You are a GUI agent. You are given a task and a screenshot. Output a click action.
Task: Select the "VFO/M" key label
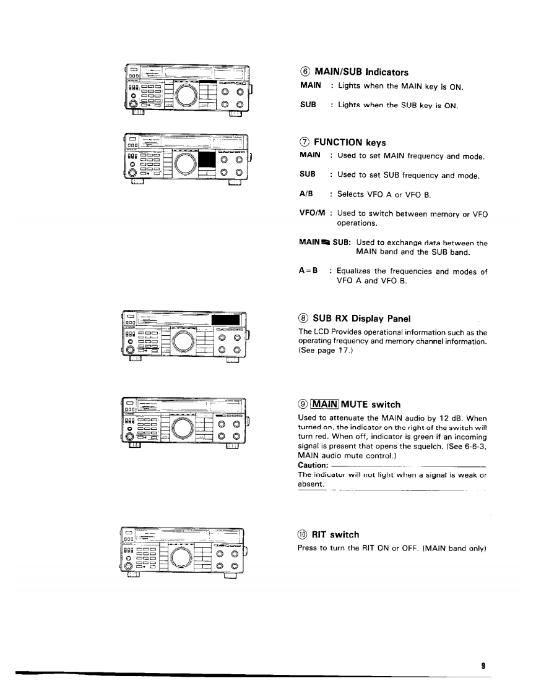point(310,214)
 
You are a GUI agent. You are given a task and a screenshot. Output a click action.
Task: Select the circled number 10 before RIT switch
point(303,534)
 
